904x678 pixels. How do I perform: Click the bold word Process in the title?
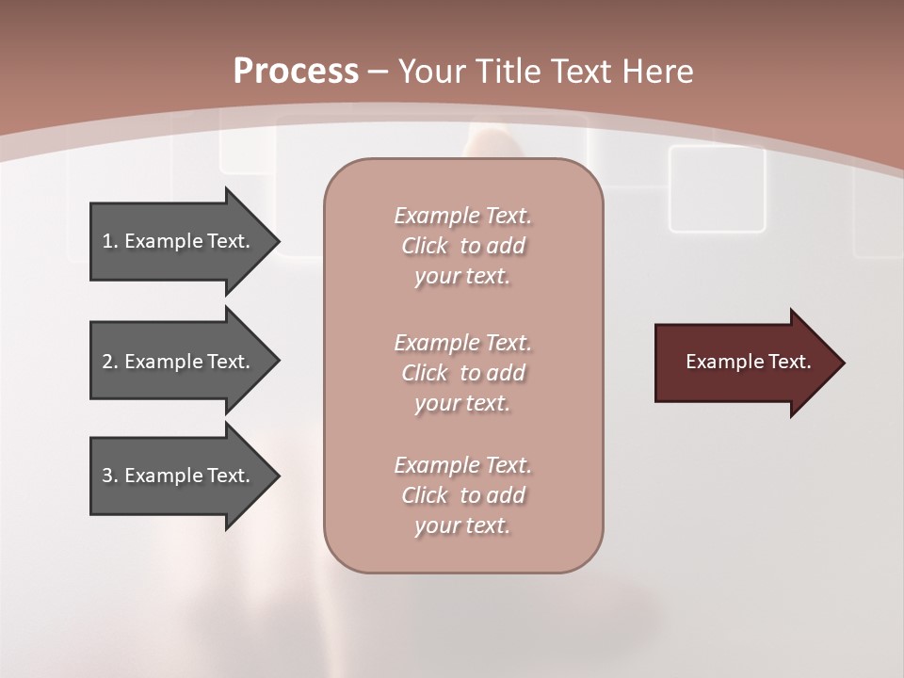tap(296, 72)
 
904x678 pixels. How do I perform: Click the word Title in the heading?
tap(506, 72)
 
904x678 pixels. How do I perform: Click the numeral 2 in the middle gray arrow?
tap(106, 362)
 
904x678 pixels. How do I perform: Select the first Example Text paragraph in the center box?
tap(462, 246)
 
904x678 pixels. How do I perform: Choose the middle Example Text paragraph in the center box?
tap(462, 373)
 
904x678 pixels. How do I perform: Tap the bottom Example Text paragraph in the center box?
tap(462, 495)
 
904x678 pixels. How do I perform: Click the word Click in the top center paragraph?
tap(425, 246)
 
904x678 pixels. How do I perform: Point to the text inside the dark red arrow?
tap(748, 362)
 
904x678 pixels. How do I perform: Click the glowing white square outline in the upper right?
tap(717, 188)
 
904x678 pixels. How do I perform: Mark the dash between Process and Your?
tap(379, 72)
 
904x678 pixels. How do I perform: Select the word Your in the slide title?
tap(434, 72)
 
